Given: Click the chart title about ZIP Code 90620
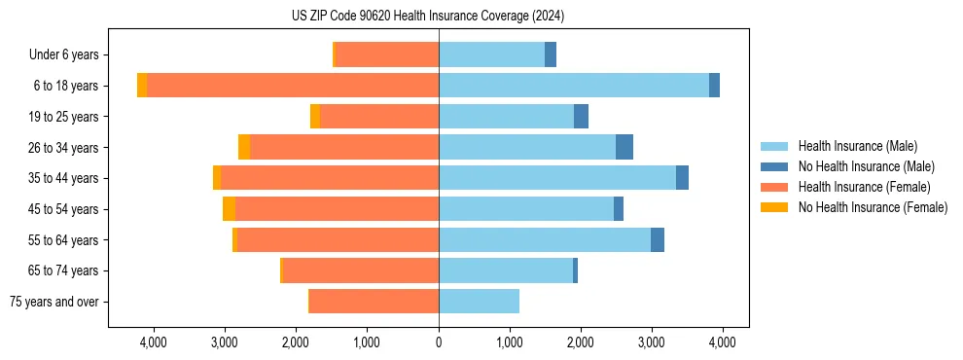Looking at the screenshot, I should coord(428,16).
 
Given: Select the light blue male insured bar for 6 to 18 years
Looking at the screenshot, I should coord(574,86).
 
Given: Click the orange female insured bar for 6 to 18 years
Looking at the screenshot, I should coord(292,86).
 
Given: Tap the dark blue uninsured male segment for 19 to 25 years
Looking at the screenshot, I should coord(581,117).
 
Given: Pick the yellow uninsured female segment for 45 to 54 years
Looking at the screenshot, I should coord(229,209).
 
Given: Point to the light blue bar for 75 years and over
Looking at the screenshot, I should coord(479,302).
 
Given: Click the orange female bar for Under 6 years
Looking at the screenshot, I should coord(387,55).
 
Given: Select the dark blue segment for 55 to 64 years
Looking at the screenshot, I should coord(658,240).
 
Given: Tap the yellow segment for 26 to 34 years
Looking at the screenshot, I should coord(244,148).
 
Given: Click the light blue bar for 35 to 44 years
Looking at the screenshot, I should coord(557,178).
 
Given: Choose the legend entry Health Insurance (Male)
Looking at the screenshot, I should coord(857,146).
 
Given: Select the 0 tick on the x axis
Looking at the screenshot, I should coord(439,342).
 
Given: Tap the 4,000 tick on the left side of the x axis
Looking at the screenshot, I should coord(155,342).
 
